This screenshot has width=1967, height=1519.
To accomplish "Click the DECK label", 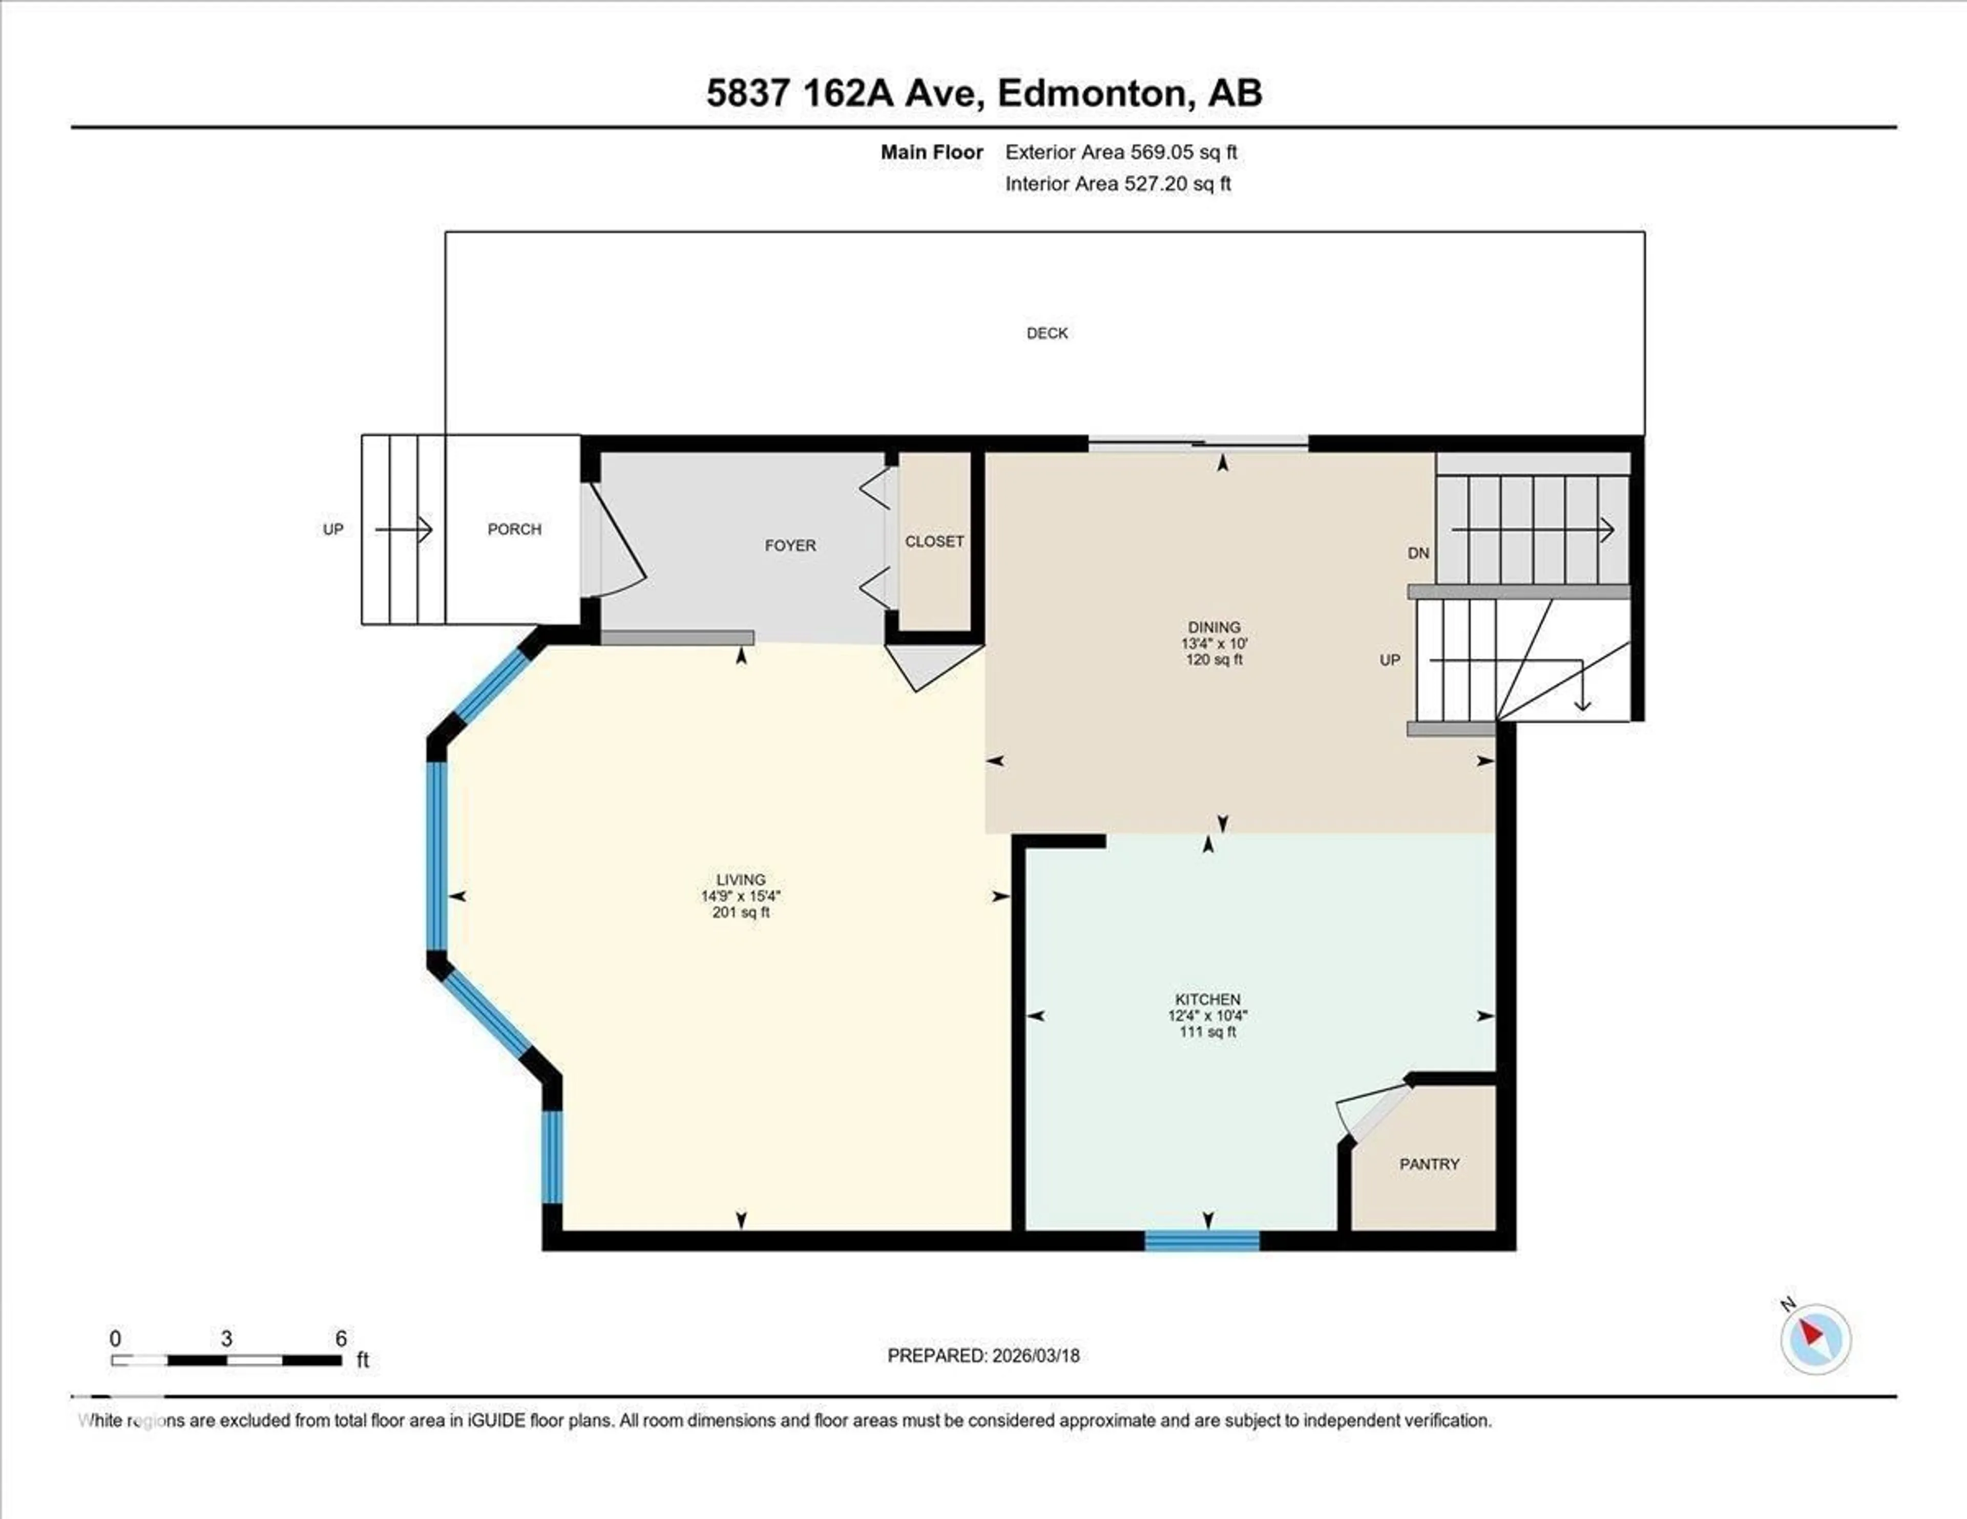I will (x=1047, y=333).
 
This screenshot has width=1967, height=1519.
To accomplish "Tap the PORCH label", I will (x=514, y=530).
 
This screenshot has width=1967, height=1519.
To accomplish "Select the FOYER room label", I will (x=790, y=545).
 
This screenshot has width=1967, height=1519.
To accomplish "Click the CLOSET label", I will (x=934, y=541).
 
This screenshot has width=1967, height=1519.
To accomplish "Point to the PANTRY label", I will (x=1429, y=1164).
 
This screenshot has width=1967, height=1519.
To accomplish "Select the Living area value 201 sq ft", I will (x=740, y=912).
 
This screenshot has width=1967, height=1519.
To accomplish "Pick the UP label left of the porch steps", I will (x=333, y=530).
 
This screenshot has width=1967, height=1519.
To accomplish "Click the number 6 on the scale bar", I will (x=341, y=1339).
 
